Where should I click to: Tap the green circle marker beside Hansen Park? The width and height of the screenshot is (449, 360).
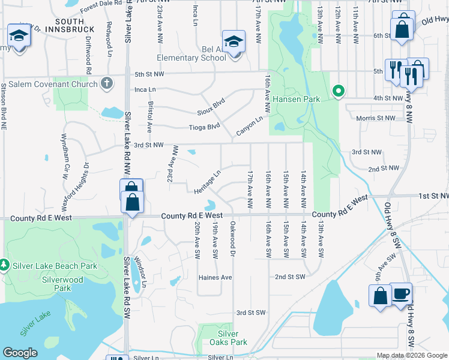pos(339,91)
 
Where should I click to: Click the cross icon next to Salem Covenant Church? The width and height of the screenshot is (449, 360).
pos(107,83)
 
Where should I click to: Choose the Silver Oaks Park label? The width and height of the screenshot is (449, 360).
pos(232,338)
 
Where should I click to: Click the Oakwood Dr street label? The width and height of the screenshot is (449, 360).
pos(232,239)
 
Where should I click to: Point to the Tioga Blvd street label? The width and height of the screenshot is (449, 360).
pos(205,127)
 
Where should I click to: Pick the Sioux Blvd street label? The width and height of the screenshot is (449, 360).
pos(210,107)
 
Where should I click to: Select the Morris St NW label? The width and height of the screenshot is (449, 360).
pos(375,118)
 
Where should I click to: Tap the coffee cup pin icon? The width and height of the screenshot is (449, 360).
pos(401,294)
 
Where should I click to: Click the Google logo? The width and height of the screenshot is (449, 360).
pos(20,353)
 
